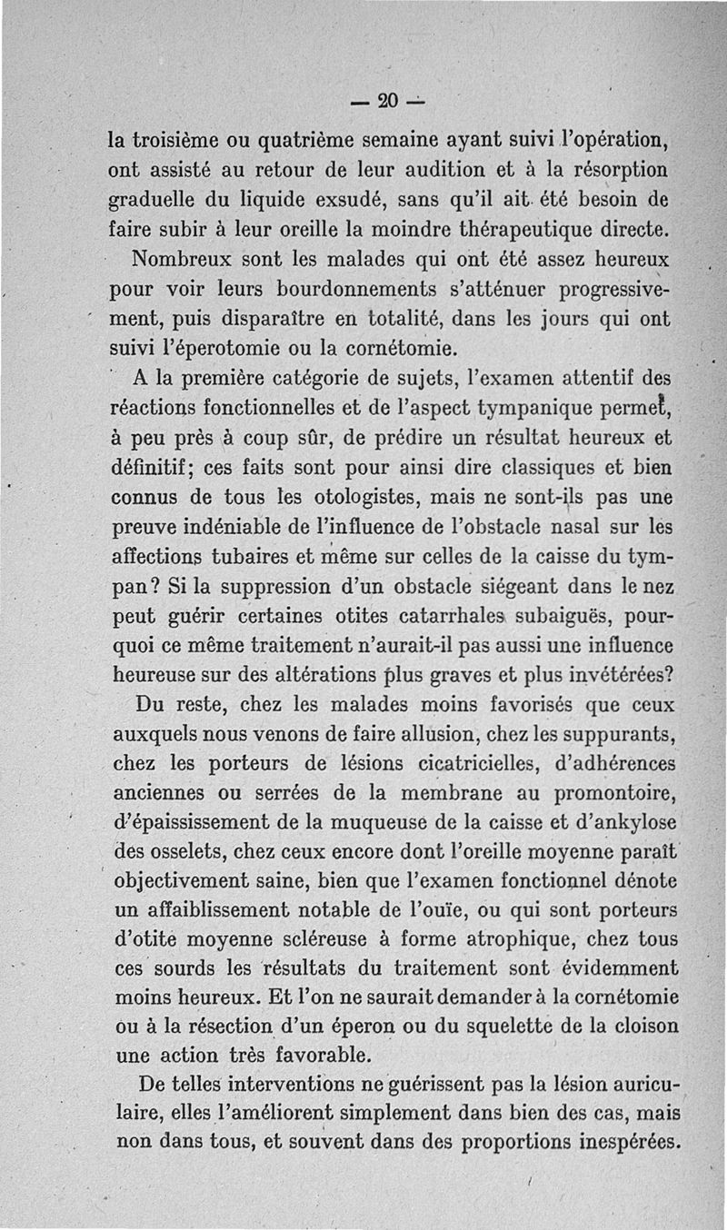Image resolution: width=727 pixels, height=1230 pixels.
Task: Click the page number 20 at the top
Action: pos(387,99)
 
